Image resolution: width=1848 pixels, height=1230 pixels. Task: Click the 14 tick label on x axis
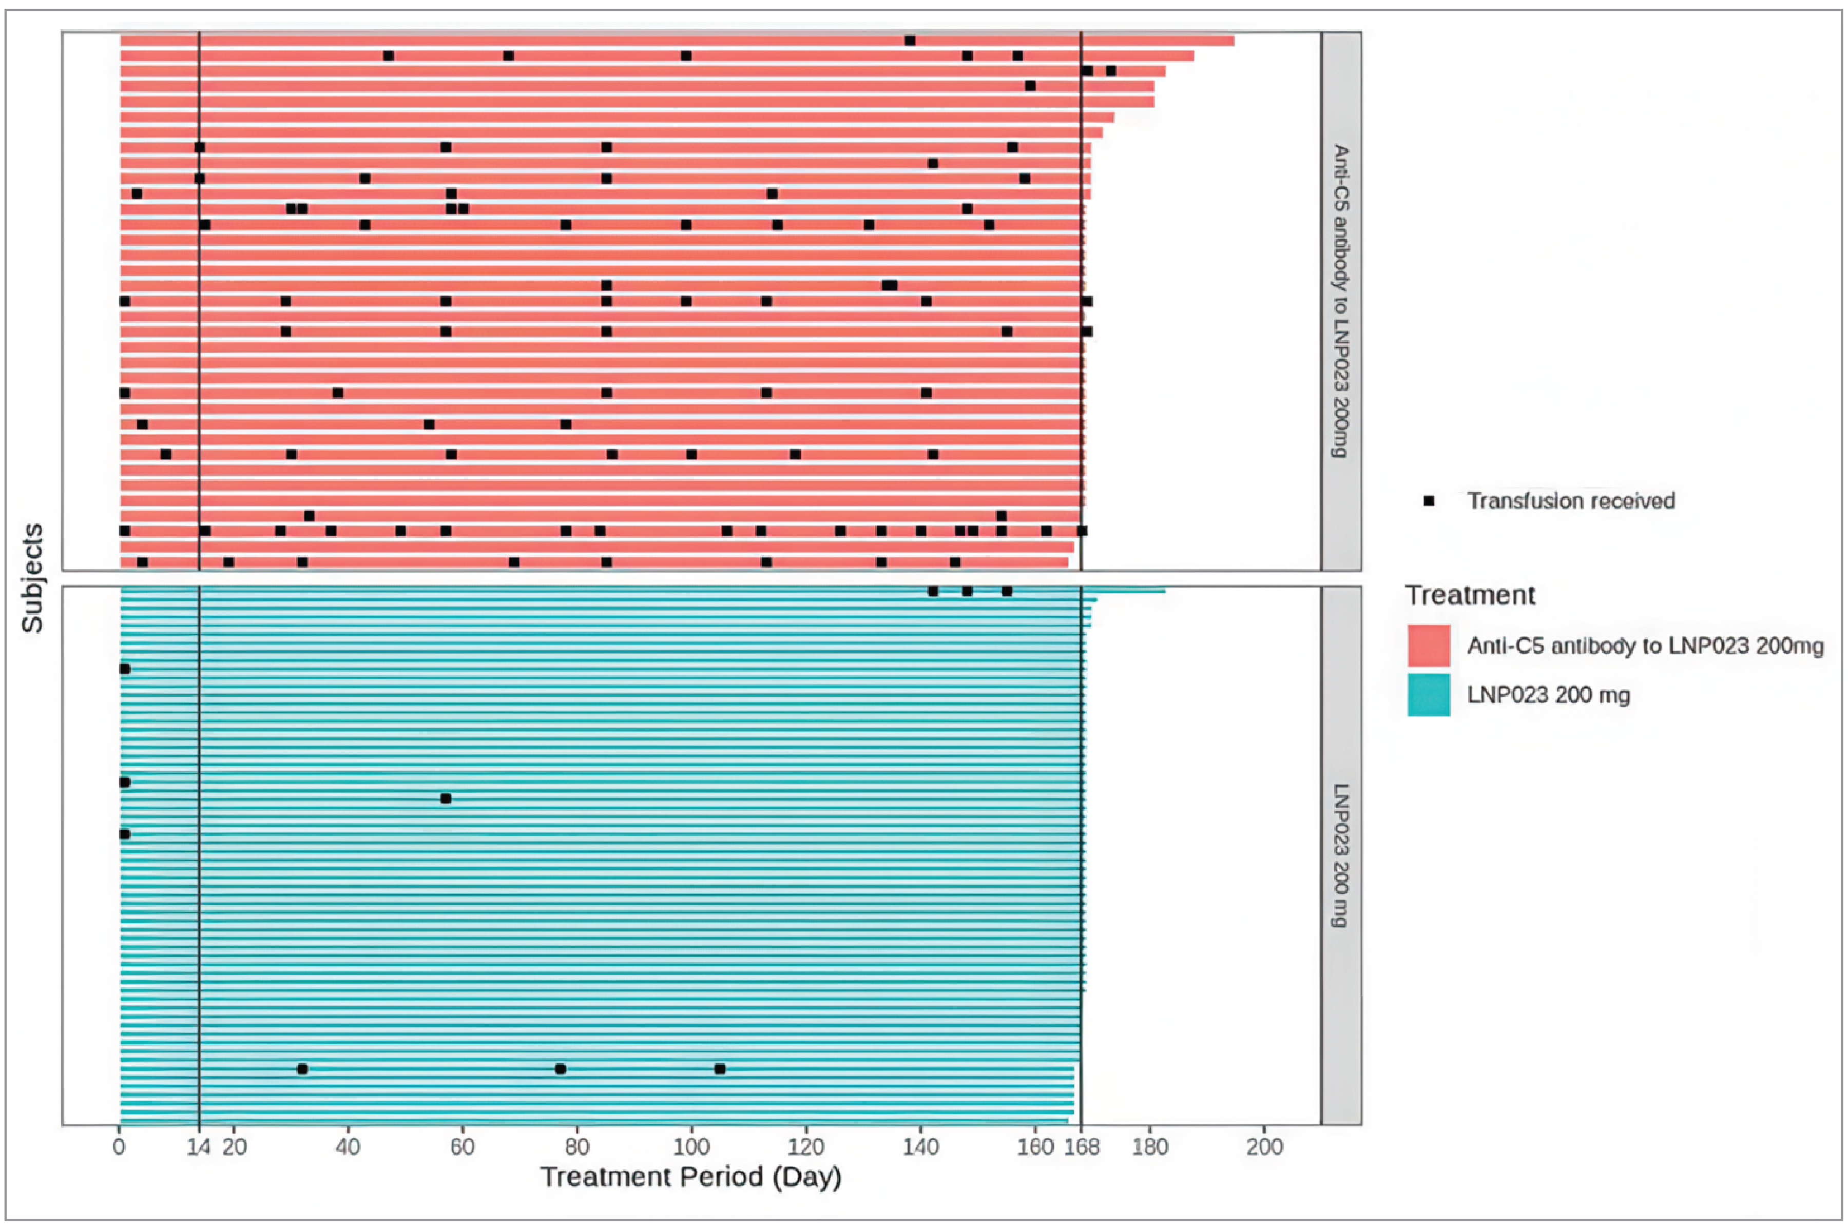pos(199,1147)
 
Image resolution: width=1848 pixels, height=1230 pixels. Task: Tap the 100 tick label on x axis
pos(691,1147)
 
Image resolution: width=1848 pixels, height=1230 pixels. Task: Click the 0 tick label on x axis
pos(119,1147)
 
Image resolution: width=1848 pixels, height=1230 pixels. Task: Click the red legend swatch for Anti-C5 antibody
pos(1428,646)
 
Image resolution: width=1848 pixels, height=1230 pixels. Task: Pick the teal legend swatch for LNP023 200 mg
pos(1428,694)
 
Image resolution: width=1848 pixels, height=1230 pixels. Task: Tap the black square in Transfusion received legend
pos(1429,500)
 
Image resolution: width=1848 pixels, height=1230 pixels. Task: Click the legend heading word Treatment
pos(1470,595)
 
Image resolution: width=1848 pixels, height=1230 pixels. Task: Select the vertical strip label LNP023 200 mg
pos(1341,855)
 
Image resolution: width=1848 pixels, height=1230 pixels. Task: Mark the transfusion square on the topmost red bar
pos(910,40)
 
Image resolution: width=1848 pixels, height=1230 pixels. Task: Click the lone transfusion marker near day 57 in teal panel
pos(446,798)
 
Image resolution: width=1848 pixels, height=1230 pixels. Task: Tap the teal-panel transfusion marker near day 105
pos(720,1068)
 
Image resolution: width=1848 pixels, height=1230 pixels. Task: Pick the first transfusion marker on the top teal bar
pos(932,591)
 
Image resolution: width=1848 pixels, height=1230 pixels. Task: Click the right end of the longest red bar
pos(1233,41)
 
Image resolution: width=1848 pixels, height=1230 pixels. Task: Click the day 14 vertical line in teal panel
pos(199,863)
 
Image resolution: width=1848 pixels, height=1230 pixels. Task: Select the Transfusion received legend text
pos(1571,500)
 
